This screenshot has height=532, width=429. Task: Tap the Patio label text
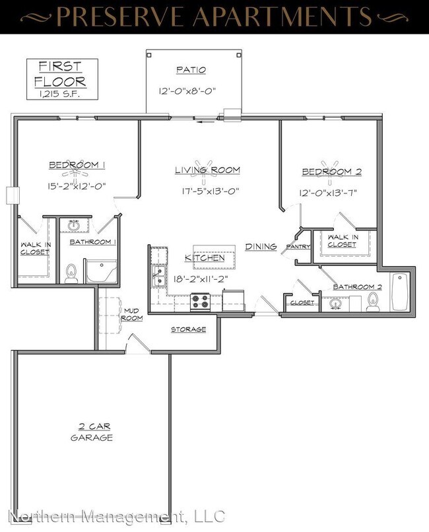click(191, 69)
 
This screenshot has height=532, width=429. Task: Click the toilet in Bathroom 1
click(72, 272)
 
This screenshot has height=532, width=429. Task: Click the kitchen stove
click(200, 302)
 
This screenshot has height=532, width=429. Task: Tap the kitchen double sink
click(158, 277)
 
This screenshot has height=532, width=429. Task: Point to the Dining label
click(261, 246)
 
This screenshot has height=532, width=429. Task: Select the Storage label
click(189, 329)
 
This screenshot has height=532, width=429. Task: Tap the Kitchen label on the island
click(205, 257)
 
